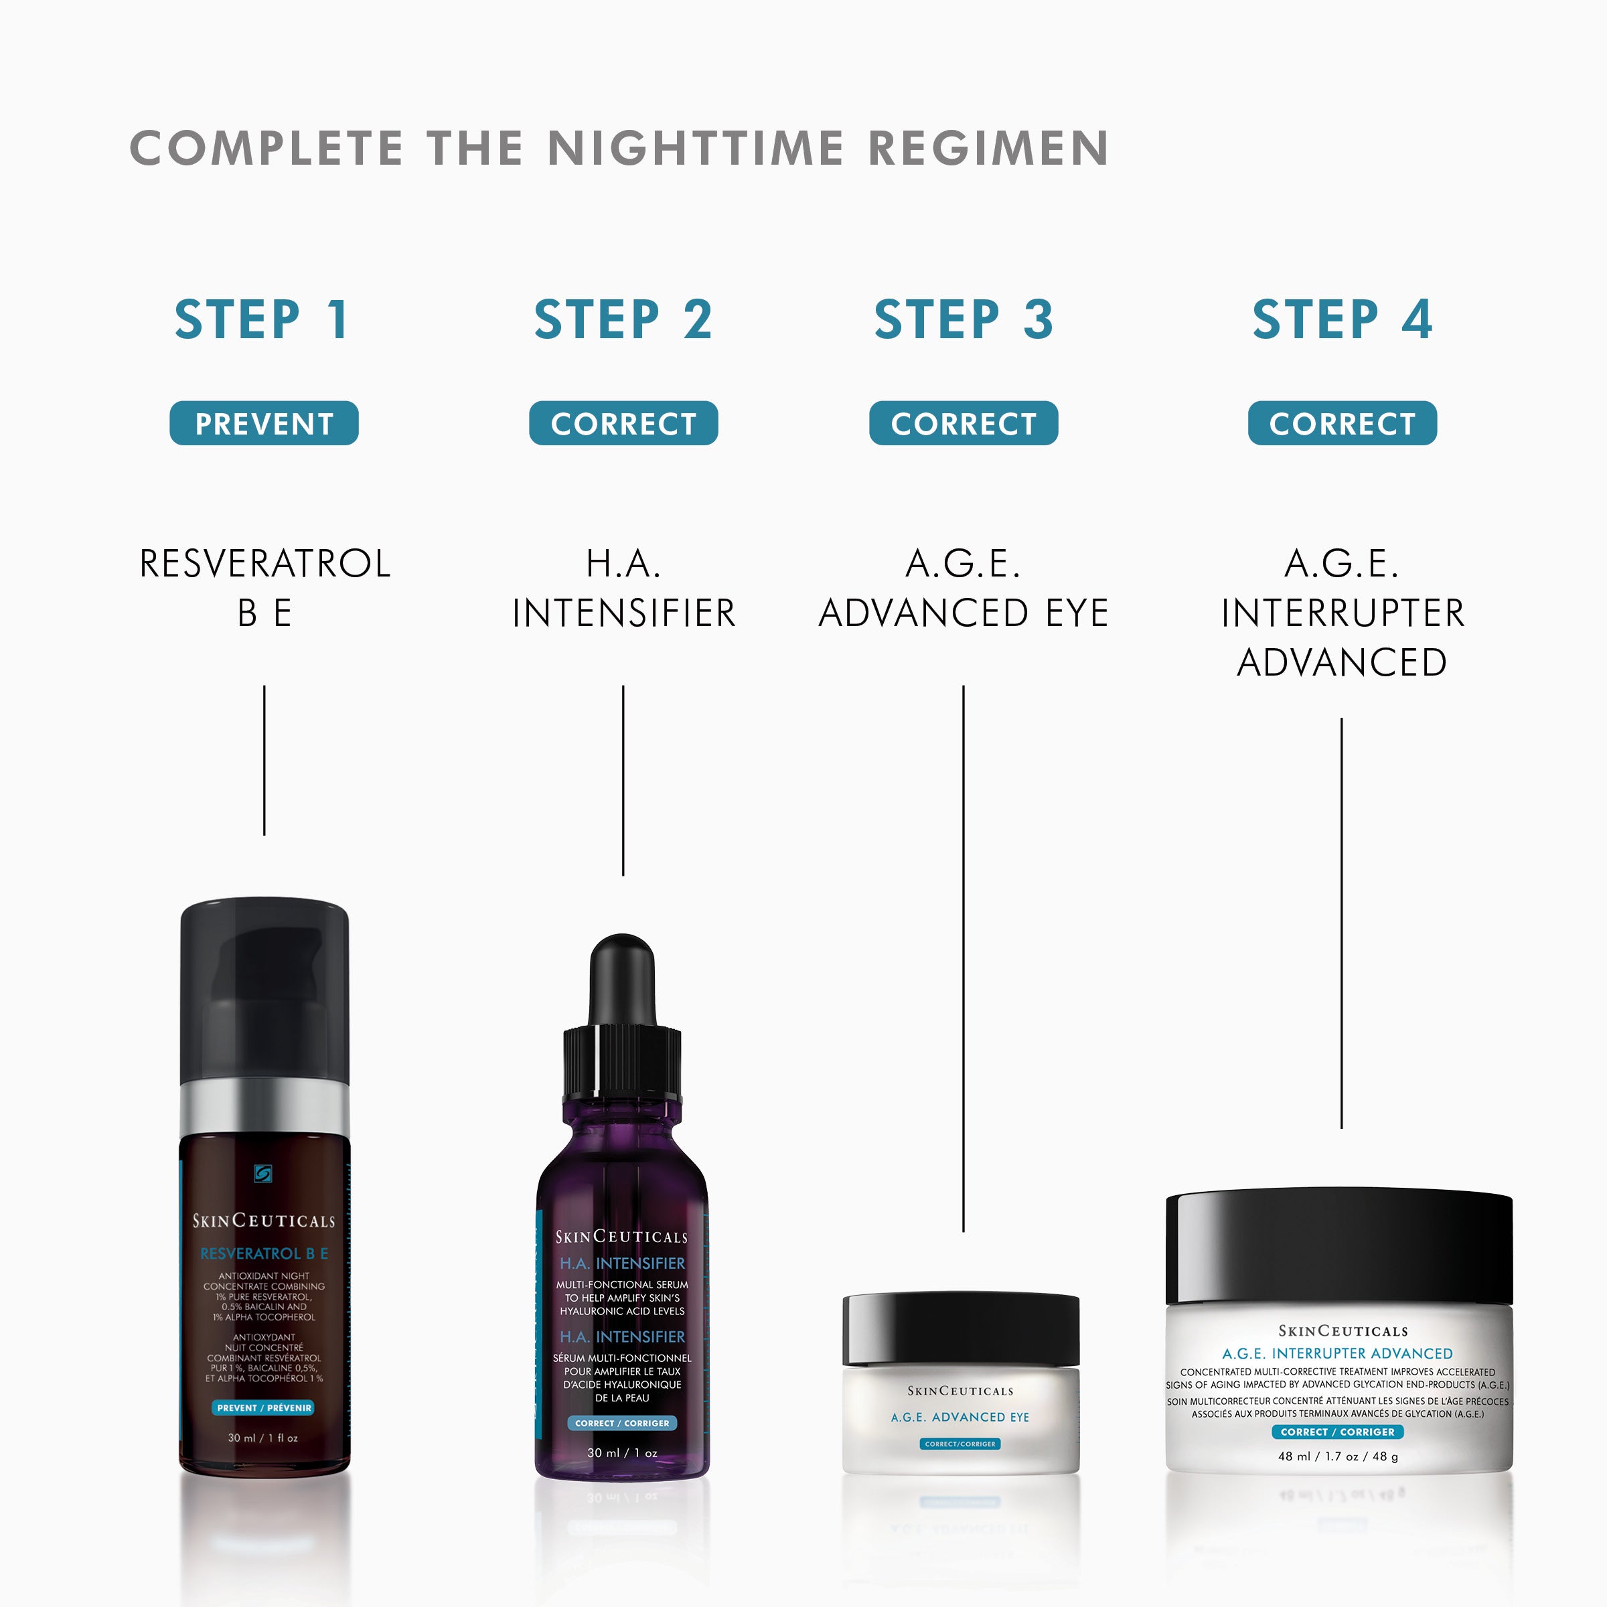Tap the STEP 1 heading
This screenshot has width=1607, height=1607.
(x=262, y=320)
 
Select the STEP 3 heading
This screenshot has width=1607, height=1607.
(x=964, y=320)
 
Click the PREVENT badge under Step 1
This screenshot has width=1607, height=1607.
(x=264, y=423)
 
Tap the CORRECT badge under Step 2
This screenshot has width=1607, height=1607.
(x=623, y=423)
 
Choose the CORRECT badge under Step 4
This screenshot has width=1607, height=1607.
(x=1342, y=423)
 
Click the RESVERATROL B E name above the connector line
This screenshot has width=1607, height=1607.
(x=264, y=587)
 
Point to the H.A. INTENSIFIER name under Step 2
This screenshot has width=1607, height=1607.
(x=623, y=587)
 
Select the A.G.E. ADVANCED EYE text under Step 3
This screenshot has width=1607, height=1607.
(x=964, y=587)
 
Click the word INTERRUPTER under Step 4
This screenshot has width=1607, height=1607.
(x=1342, y=613)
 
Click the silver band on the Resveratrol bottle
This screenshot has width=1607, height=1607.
(x=264, y=1106)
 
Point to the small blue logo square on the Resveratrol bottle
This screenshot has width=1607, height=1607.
(x=263, y=1174)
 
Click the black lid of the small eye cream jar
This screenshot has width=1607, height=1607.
(x=961, y=1328)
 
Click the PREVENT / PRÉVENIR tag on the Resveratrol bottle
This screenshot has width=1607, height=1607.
(x=264, y=1408)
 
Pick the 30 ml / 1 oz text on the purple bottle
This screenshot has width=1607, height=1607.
(x=622, y=1453)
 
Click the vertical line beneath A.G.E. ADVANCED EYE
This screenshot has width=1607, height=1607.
(x=964, y=957)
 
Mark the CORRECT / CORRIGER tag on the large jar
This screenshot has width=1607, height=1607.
(x=1338, y=1432)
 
